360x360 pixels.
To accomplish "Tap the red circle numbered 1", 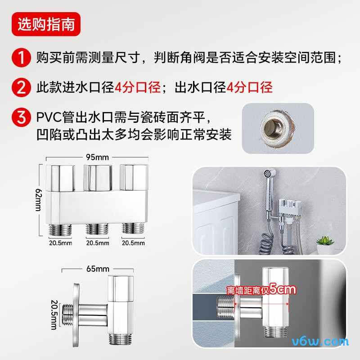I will coord(21,58).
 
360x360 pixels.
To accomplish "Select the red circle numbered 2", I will coord(21,87).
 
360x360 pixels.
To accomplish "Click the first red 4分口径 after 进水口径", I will coord(137,87).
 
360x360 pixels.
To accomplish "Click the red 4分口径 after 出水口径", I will coord(249,87).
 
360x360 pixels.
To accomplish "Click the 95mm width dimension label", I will coord(98,157).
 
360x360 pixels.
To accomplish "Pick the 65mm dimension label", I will coord(97,269).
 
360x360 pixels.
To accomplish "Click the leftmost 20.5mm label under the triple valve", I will coord(60,243).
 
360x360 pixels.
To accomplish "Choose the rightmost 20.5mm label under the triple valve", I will coord(134,243).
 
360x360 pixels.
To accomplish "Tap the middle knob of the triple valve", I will coord(98,178).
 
